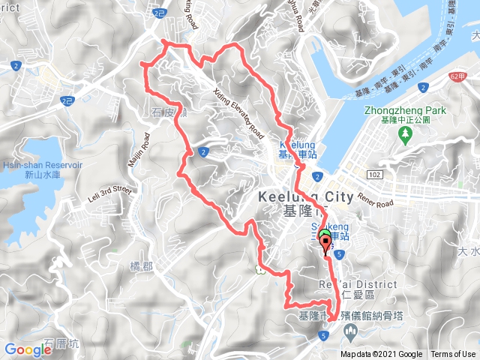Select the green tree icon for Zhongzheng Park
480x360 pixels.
click(x=406, y=134)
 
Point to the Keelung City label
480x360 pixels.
click(x=304, y=196)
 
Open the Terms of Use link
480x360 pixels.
click(x=453, y=355)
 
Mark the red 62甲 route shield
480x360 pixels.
click(x=460, y=76)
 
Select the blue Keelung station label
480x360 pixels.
click(x=297, y=148)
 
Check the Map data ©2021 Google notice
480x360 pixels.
click(x=380, y=355)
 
